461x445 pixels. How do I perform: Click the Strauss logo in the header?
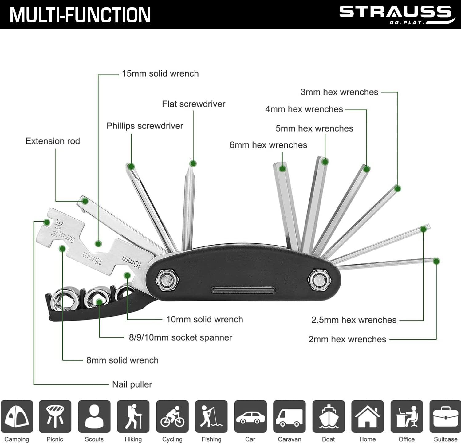(x=396, y=14)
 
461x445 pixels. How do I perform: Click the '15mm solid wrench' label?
(x=160, y=73)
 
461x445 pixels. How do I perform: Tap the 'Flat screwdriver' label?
(x=194, y=104)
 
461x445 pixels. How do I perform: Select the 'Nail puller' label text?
(x=132, y=384)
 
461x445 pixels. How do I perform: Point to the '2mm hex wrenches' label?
(x=347, y=339)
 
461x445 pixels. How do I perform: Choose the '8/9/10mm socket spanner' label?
(x=180, y=337)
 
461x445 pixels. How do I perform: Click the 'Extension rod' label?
(x=53, y=141)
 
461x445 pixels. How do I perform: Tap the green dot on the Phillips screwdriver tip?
(x=131, y=167)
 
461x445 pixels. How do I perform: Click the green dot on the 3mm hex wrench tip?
(x=397, y=188)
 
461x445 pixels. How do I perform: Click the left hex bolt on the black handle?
(x=166, y=279)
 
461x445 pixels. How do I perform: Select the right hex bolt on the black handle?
(x=318, y=279)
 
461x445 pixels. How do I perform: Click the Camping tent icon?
(x=17, y=416)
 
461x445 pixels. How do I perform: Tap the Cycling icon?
(x=172, y=416)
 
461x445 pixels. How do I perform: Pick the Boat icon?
(x=328, y=416)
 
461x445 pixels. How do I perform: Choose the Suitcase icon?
(x=445, y=416)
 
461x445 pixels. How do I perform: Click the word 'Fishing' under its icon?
(x=211, y=439)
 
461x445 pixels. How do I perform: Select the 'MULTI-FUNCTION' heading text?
(x=80, y=15)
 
